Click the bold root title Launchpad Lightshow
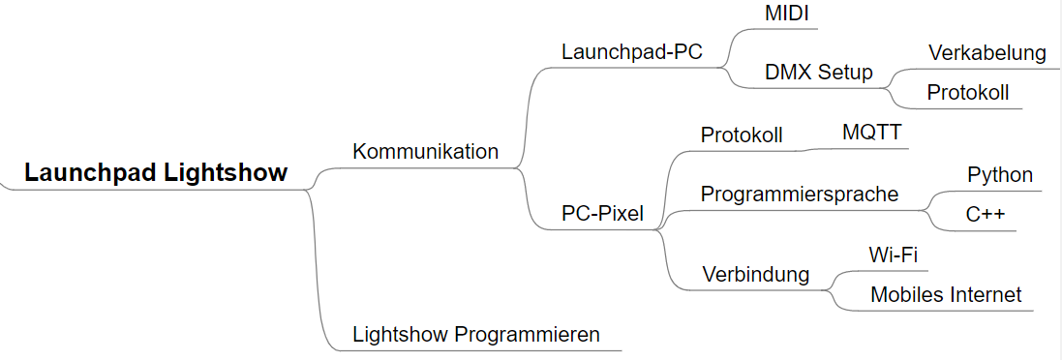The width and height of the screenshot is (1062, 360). pos(156,173)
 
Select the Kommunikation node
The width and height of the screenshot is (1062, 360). pos(425,152)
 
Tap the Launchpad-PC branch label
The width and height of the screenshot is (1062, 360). pos(631,52)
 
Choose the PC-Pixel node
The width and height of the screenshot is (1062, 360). pos(602,214)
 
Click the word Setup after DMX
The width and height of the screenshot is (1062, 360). pos(845,73)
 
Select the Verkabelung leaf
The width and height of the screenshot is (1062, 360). pos(987,52)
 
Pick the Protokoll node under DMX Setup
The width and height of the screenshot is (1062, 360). pos(967,93)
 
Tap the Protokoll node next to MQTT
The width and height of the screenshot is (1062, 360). pos(742,135)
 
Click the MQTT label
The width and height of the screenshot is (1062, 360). pos(871,132)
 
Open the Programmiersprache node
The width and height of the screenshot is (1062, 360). pos(799,194)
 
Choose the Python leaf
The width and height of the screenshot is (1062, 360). pos(1000,175)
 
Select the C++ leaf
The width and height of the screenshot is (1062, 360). pos(986,215)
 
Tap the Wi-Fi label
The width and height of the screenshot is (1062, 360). pos(894,255)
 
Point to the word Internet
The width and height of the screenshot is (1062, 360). pos(986,295)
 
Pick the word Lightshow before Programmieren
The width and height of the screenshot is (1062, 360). pos(401,335)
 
